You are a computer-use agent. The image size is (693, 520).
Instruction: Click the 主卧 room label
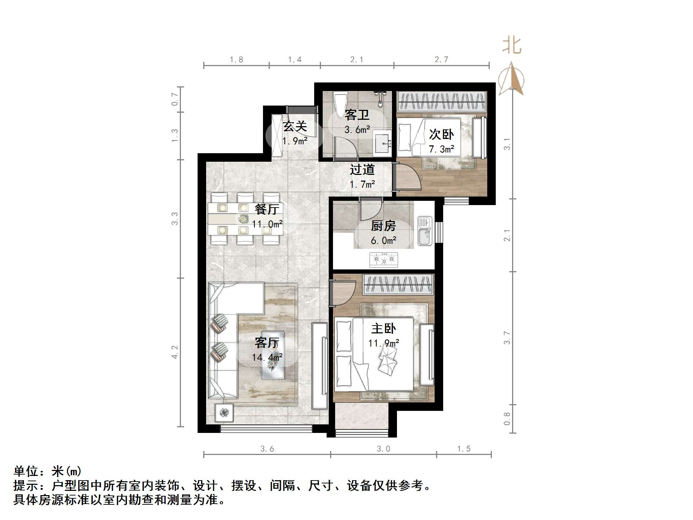(383, 328)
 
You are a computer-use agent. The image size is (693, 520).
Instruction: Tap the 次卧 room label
(441, 134)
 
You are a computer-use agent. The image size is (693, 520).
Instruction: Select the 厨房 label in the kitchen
(383, 226)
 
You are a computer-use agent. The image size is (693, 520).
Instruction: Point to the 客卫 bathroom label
(357, 115)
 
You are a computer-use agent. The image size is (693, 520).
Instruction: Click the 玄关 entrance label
(295, 126)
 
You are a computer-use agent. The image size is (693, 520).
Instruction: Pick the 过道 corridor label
(362, 170)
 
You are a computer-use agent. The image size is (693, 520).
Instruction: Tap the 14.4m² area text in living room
(267, 357)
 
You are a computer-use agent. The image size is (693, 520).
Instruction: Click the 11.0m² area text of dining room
(267, 224)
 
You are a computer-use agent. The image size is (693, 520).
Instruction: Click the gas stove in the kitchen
(383, 260)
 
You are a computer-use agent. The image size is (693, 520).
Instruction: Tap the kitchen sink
(424, 231)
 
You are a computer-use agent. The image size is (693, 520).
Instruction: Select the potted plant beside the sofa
(224, 413)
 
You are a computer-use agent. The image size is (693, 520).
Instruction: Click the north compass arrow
(511, 79)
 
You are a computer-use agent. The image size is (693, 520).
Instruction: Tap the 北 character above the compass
(512, 46)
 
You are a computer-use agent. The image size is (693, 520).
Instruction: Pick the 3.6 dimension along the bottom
(267, 449)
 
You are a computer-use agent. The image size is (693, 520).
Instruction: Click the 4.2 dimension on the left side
(175, 352)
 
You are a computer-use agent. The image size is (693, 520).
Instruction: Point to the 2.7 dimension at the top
(441, 60)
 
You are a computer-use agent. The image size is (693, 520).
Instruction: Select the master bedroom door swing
(344, 292)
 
